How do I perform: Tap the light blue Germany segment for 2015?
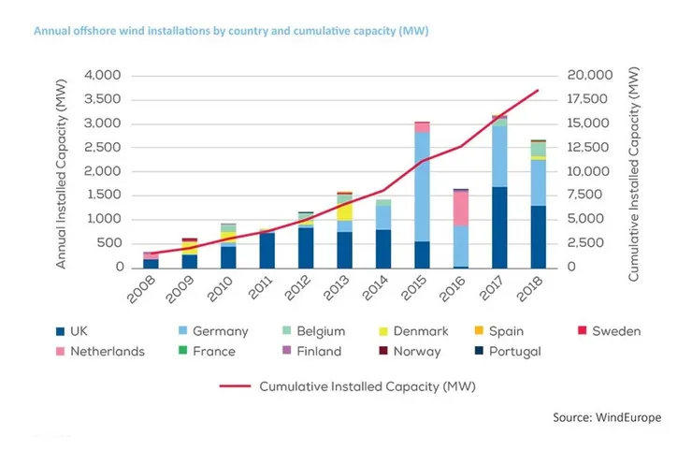coord(422,187)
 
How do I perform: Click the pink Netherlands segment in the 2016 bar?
coord(461,208)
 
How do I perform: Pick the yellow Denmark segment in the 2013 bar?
coord(344,211)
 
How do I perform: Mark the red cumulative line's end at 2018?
coord(539,90)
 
